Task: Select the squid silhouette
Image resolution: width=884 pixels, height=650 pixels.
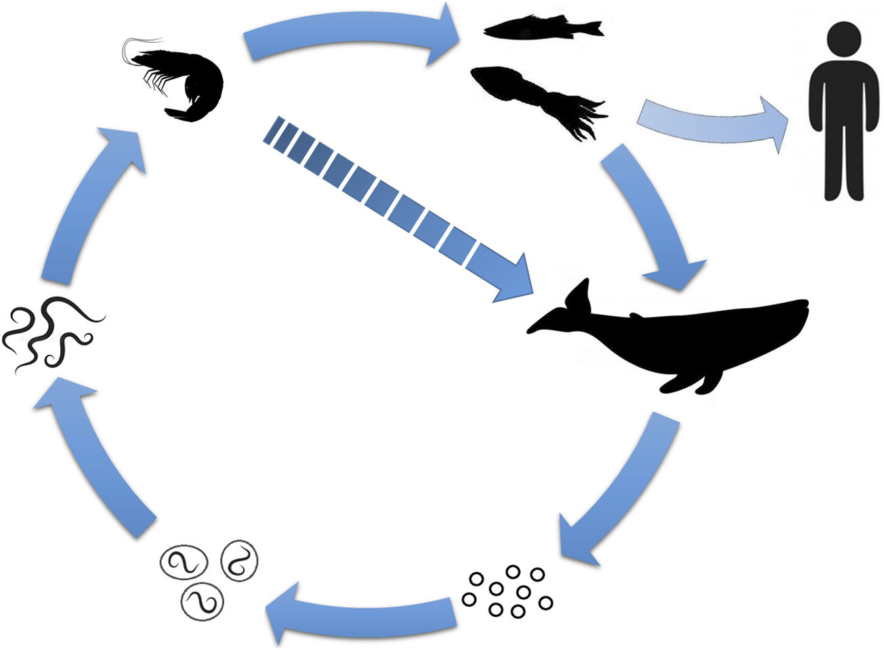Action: pos(528,91)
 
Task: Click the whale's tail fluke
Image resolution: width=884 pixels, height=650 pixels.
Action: pos(579,298)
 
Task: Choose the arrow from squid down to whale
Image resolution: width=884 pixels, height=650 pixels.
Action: pos(650,217)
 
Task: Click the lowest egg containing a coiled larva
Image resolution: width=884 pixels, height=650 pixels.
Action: pos(202,599)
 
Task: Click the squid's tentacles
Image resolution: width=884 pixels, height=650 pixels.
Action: pos(583,115)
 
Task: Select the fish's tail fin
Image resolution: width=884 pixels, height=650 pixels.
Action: pos(593,28)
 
